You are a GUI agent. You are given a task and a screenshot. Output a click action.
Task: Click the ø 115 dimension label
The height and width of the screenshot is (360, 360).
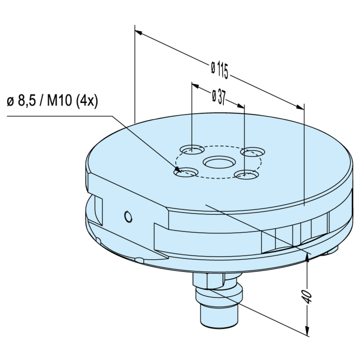[219, 69]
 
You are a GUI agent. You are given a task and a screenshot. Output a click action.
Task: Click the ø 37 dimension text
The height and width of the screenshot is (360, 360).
[219, 97]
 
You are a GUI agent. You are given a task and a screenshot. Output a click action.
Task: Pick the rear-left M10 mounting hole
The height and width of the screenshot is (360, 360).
[192, 150]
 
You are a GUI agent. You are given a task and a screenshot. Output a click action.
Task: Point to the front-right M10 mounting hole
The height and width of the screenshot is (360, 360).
[246, 174]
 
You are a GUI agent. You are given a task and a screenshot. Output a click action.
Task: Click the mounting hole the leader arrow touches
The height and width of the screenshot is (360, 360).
[185, 172]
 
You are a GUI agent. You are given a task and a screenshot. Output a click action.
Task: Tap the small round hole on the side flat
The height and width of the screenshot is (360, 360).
[127, 217]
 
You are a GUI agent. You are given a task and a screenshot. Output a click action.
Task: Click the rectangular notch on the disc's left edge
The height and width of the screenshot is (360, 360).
[98, 210]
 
